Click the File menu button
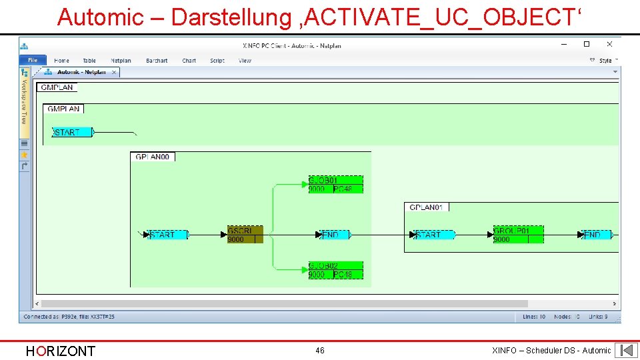click(33, 61)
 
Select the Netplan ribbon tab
click(121, 61)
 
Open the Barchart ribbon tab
click(157, 61)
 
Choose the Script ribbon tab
click(217, 61)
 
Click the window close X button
click(609, 45)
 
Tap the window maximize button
click(587, 45)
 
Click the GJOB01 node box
click(335, 185)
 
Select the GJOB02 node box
click(335, 270)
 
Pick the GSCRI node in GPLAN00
click(245, 235)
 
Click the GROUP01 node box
click(518, 235)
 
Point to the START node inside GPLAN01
click(433, 235)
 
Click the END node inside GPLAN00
click(334, 235)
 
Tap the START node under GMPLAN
click(73, 132)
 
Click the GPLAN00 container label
click(153, 157)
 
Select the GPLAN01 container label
click(427, 207)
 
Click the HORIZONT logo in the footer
click(60, 351)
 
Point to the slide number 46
click(320, 351)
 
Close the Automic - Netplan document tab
click(114, 72)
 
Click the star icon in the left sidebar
click(25, 155)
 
